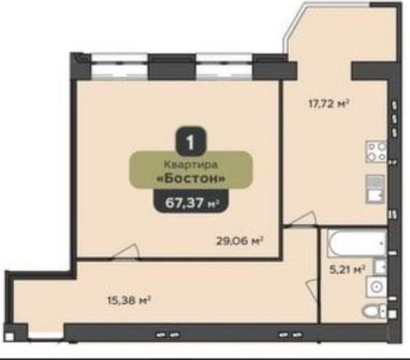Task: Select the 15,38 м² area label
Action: coord(129,301)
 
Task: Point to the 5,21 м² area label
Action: coord(347,270)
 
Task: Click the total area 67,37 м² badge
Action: coord(191,203)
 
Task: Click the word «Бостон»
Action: coord(191,179)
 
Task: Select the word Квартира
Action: coord(191,165)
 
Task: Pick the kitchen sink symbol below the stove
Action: coord(375,189)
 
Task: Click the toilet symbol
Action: coord(374,311)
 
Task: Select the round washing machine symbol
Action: coord(377,287)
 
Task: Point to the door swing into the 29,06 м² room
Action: coord(124,251)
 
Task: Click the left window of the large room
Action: coord(119,67)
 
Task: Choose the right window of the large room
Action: coord(225,67)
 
